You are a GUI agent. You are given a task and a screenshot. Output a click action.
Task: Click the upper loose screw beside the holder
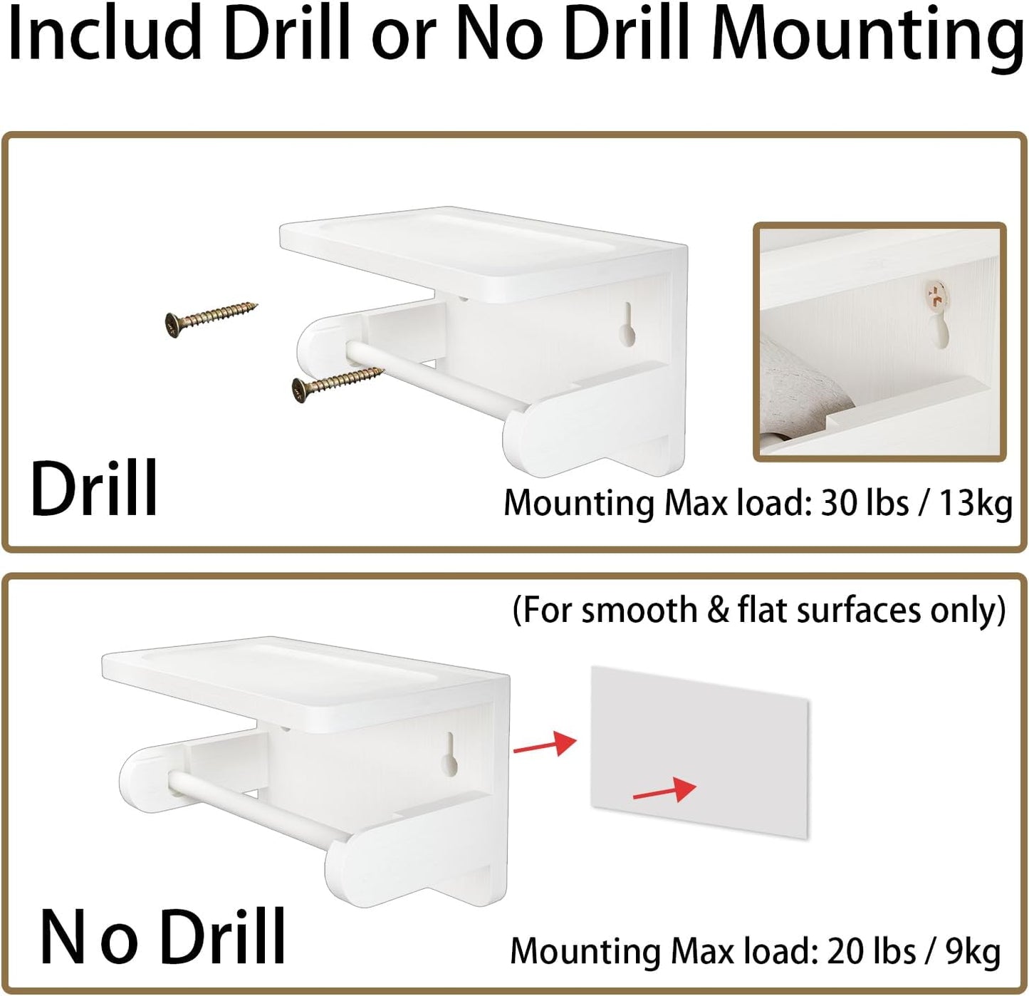[x=211, y=316]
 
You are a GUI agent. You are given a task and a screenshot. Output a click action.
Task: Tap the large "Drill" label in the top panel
[x=94, y=488]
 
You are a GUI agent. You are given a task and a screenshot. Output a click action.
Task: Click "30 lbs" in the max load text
[x=865, y=503]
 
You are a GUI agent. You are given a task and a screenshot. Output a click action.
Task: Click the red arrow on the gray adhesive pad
[x=664, y=789]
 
